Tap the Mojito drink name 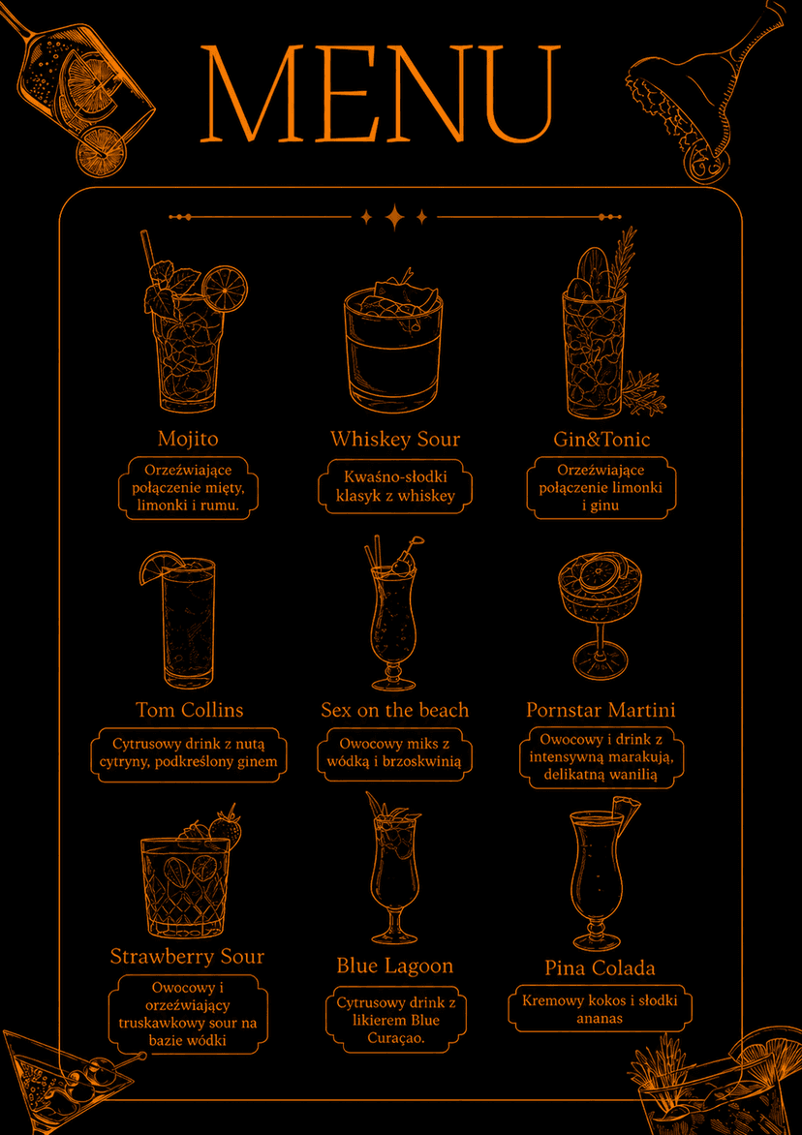[188, 439]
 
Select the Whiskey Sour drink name [395, 440]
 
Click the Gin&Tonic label [601, 440]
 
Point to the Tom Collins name [190, 709]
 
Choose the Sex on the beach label [395, 710]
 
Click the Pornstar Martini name [601, 710]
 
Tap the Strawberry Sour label [188, 956]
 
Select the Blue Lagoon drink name [395, 966]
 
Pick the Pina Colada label [601, 968]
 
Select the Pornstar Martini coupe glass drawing [601, 618]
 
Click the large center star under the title [394, 216]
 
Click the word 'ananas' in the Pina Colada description [601, 1019]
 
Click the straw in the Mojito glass [150, 254]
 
